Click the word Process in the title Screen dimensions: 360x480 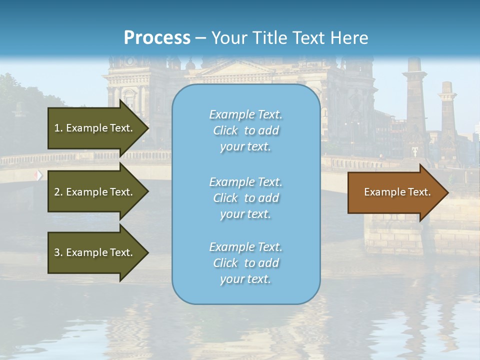coord(157,37)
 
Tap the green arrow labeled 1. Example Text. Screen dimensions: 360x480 coord(95,128)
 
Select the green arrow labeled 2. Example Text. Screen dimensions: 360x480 coord(95,192)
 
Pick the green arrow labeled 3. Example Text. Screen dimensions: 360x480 coord(95,252)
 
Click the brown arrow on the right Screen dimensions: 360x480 coord(395,192)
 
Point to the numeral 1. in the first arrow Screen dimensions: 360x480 coord(58,128)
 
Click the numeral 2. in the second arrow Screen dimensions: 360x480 coord(58,192)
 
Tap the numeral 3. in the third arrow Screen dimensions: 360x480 coord(58,252)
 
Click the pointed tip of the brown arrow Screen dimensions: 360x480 coord(446,192)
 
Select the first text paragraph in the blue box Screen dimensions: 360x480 coord(245,130)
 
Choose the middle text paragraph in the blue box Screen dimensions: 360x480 coord(245,198)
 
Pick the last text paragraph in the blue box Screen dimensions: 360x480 coord(245,263)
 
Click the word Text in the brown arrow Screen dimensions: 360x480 coord(419,192)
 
